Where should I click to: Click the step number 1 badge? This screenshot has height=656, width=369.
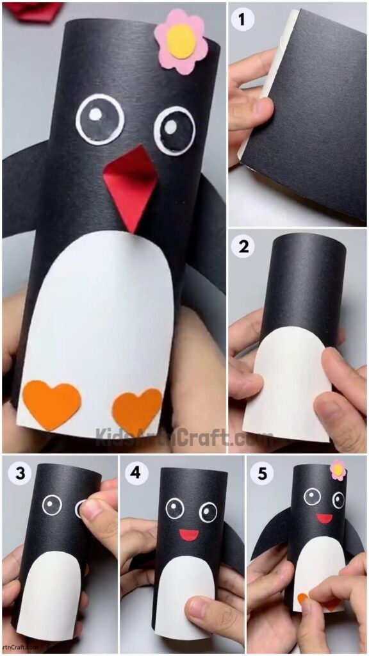[x=242, y=20]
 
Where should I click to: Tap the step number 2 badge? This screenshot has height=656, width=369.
[x=243, y=247]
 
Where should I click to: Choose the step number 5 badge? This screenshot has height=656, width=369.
[x=263, y=474]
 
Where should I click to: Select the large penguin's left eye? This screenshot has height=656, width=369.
[x=100, y=119]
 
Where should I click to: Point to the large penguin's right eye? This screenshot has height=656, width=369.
[x=174, y=131]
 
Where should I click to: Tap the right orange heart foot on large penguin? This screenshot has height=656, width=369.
[x=137, y=411]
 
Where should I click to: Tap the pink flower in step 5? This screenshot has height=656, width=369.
[x=338, y=470]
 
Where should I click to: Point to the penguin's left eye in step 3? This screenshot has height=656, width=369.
[x=52, y=505]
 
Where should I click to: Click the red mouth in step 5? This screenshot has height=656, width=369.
[x=325, y=518]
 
